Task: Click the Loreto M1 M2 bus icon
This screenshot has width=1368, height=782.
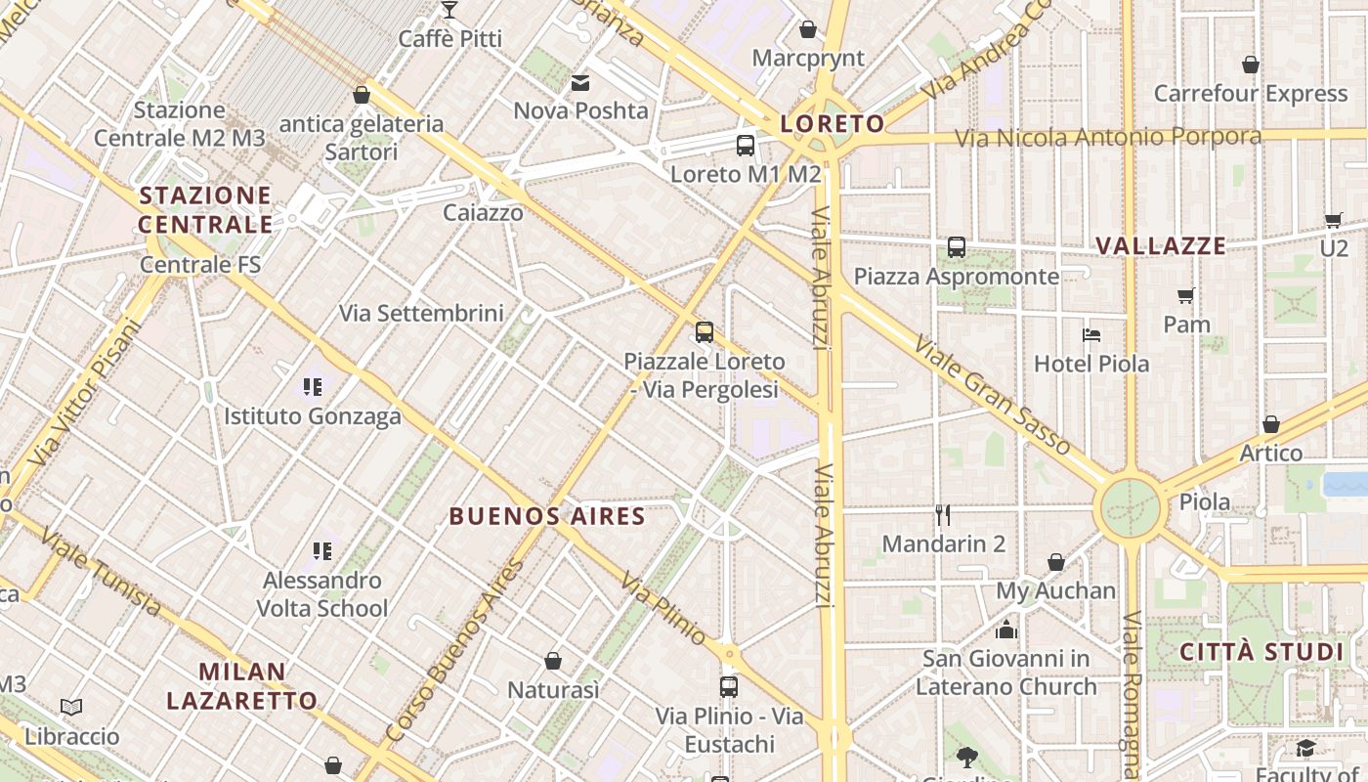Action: pos(746,146)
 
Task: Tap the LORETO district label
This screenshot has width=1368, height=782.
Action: pos(833,124)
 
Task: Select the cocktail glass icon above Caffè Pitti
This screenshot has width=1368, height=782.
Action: pos(449,10)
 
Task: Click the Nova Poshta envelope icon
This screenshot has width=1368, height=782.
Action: pos(581,83)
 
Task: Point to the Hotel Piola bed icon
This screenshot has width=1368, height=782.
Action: pos(1091,335)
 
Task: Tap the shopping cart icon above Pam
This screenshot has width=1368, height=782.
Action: pos(1186,295)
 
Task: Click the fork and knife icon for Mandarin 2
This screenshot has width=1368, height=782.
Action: pos(943,515)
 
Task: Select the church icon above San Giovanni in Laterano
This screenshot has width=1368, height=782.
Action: pos(1006,630)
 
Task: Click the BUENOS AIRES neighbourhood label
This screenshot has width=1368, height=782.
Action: pos(547,516)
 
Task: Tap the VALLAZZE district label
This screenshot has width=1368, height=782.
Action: pos(1161,245)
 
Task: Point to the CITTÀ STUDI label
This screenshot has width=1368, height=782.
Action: pos(1261,652)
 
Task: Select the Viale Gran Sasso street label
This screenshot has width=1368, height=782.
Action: pos(993,395)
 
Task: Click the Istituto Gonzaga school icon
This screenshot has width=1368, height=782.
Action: pos(313,387)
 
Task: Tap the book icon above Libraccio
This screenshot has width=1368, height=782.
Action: pos(71,707)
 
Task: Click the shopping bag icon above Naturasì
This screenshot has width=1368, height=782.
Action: pos(553,662)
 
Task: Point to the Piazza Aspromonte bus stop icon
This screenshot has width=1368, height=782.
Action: pos(957,247)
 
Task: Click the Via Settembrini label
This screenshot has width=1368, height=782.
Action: pos(421,314)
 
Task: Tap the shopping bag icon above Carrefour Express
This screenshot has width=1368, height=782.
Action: pos(1250,65)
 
